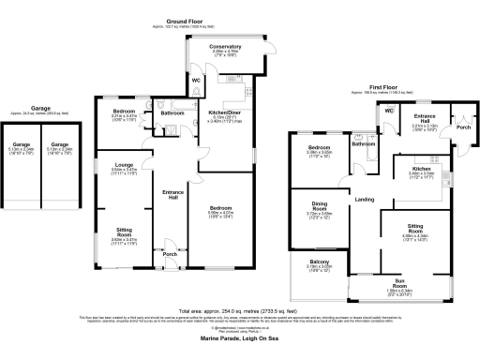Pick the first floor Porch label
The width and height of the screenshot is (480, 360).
(x=461, y=127)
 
